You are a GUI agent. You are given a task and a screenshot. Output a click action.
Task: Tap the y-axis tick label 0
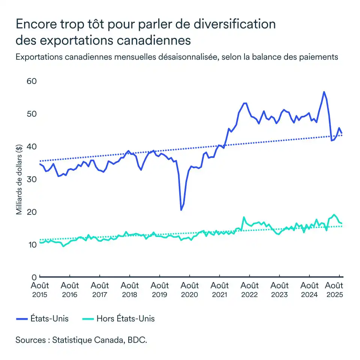[34, 277]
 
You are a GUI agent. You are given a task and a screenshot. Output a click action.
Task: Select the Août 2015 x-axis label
[39, 290]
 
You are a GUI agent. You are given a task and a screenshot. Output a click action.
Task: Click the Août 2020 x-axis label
[190, 290]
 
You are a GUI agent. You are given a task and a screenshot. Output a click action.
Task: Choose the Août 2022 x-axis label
[250, 290]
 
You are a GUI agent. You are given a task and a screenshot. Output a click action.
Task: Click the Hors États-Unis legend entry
[118, 319]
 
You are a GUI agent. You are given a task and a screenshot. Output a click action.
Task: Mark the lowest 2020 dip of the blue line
[181, 210]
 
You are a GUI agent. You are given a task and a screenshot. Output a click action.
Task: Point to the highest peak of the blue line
[324, 92]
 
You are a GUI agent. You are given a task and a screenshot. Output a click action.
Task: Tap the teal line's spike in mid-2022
[244, 217]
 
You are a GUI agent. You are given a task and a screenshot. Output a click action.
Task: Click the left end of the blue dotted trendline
[40, 161]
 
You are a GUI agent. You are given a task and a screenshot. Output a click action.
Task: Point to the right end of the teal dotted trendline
[342, 226]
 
